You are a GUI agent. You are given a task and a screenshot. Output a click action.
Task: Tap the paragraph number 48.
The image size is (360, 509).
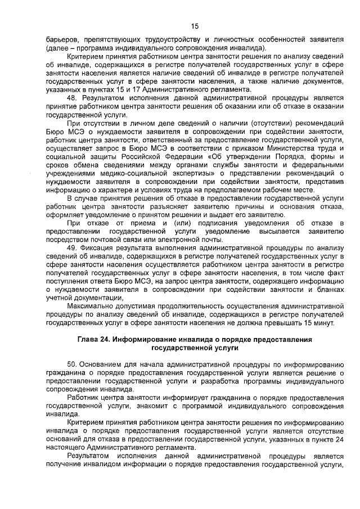(x=71, y=98)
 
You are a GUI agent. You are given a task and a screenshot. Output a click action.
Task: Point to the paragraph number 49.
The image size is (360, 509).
(x=71, y=248)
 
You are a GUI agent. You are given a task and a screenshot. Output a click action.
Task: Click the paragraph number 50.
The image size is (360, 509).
(x=71, y=367)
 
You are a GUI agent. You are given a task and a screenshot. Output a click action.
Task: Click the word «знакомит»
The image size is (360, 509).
(x=157, y=405)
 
